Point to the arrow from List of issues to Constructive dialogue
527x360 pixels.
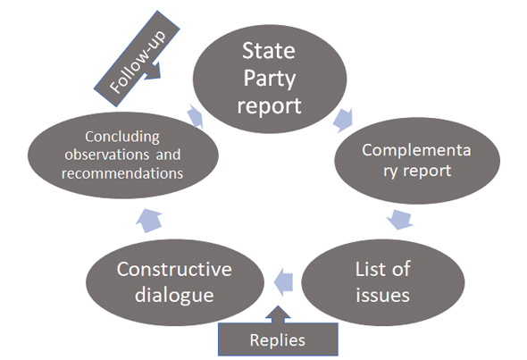(284, 281)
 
